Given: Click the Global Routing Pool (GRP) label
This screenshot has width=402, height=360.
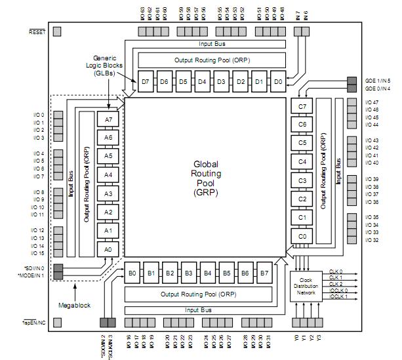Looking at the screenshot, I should [x=207, y=178].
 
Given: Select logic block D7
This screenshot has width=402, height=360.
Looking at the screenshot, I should [x=146, y=82].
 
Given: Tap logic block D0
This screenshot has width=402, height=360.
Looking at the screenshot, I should [x=278, y=82].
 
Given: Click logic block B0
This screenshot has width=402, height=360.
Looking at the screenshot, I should [x=132, y=273].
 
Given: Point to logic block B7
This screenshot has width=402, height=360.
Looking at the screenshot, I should [x=264, y=273].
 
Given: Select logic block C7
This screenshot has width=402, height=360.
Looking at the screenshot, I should [x=302, y=106].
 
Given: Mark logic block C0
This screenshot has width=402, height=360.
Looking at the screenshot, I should [x=302, y=236].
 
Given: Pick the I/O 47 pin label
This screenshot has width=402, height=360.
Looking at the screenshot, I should [x=371, y=102].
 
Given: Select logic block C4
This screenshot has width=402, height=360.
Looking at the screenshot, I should [x=302, y=161].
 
